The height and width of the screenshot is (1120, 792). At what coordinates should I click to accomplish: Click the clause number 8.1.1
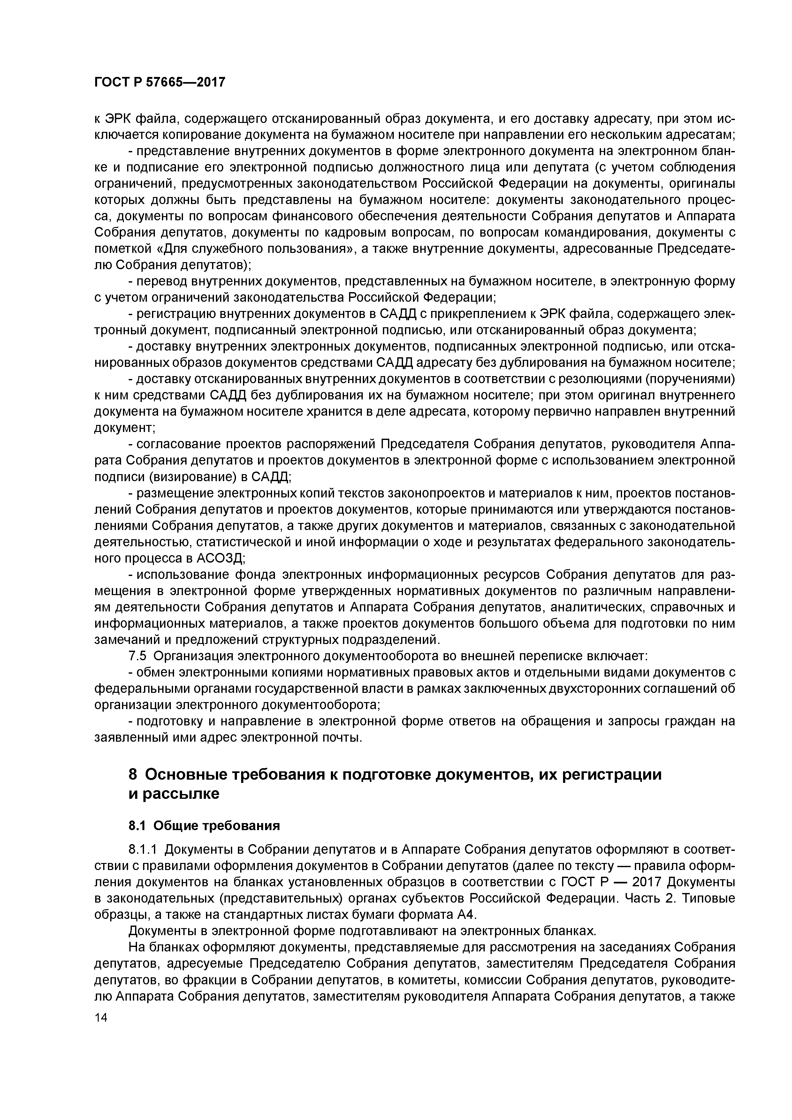point(143,863)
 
